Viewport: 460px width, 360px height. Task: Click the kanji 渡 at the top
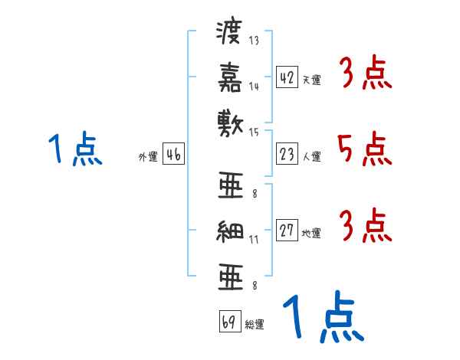click(229, 33)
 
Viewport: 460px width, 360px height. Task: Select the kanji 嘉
click(229, 77)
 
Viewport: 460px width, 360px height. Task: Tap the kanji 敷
click(229, 120)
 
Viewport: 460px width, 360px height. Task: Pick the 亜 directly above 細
click(229, 186)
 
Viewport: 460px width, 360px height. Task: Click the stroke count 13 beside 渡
click(254, 41)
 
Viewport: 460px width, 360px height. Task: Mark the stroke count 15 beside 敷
click(254, 132)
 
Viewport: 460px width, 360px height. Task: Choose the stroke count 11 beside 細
click(254, 240)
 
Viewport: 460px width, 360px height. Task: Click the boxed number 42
click(287, 77)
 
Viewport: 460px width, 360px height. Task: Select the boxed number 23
click(287, 154)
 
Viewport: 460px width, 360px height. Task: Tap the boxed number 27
click(287, 231)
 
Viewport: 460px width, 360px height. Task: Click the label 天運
click(311, 80)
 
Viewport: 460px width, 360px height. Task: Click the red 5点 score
click(363, 149)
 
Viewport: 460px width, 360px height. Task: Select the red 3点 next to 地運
click(363, 226)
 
